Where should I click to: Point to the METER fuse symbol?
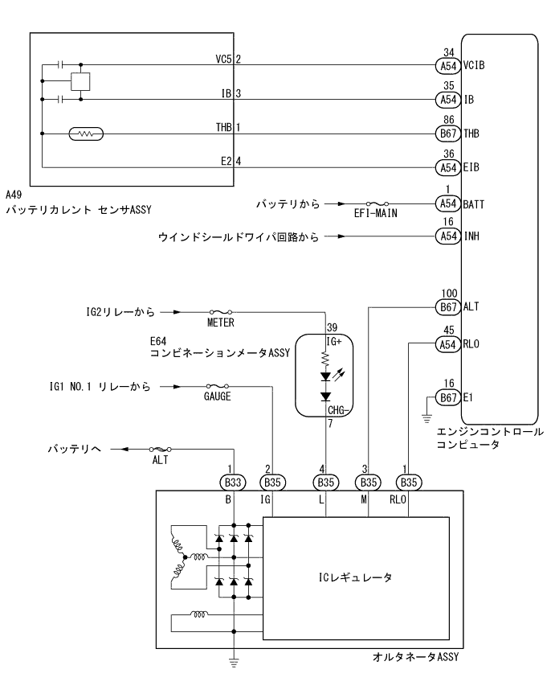(x=221, y=311)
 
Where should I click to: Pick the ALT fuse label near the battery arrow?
(x=160, y=461)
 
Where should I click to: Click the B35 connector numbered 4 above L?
(x=325, y=483)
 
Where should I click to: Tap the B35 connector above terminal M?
(x=368, y=483)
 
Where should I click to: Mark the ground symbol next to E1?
(x=426, y=417)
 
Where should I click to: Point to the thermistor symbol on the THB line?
(x=85, y=134)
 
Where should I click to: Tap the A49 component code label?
(x=14, y=195)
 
